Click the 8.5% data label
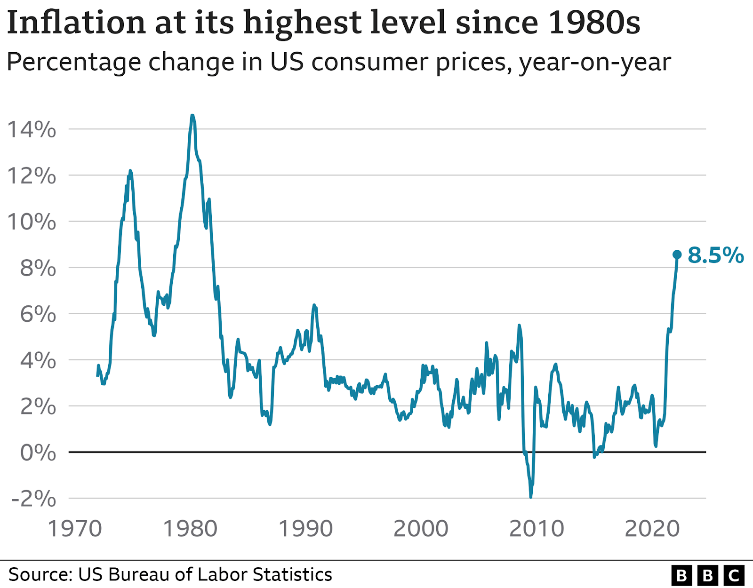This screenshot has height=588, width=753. [x=715, y=255]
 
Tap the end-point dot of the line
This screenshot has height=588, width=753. [x=677, y=254]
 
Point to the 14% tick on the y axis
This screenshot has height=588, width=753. [x=32, y=129]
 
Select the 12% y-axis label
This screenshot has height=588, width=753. [x=32, y=176]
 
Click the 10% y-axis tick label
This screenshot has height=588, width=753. [x=32, y=222]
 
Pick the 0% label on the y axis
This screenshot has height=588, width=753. [x=38, y=453]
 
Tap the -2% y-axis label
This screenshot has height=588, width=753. [x=33, y=499]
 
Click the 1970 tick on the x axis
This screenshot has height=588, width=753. [x=75, y=529]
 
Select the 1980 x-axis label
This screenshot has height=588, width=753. [x=190, y=529]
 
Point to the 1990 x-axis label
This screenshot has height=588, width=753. [x=306, y=529]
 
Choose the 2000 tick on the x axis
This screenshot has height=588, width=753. [x=421, y=529]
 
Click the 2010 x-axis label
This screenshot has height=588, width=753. [x=537, y=529]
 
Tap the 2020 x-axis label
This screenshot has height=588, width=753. [x=652, y=529]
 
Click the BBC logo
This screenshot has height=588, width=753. [x=707, y=575]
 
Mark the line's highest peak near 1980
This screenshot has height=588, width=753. [x=192, y=115]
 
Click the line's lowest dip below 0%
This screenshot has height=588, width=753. [x=531, y=496]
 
